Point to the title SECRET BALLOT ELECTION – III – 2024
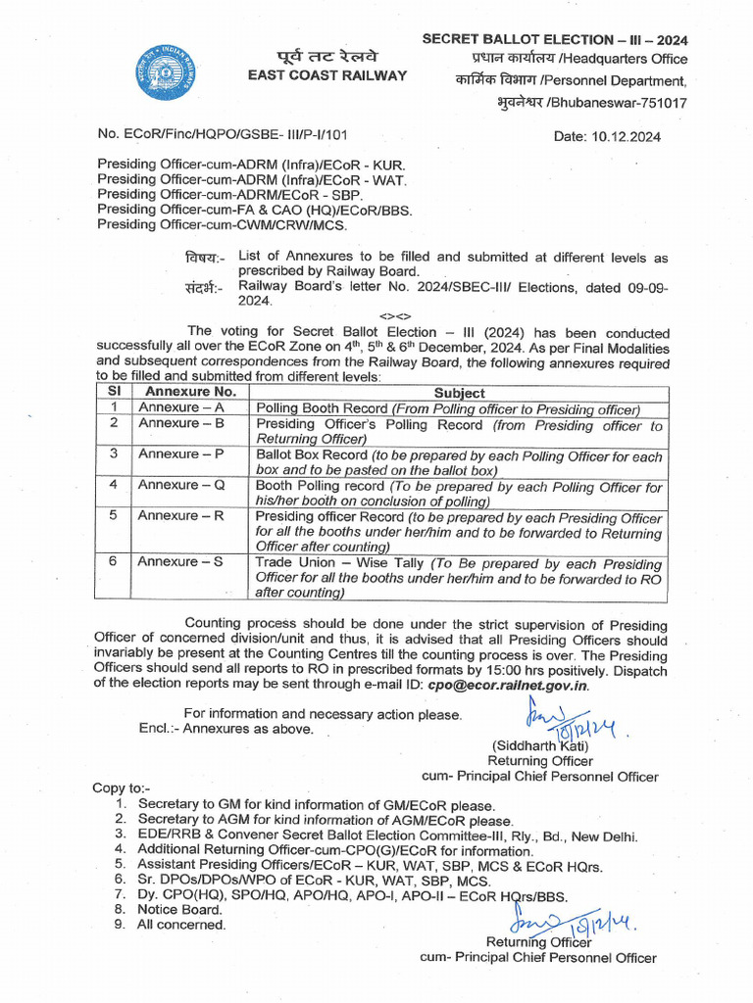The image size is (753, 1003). point(555,39)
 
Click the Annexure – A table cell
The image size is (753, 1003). point(181,407)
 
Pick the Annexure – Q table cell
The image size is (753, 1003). point(181,485)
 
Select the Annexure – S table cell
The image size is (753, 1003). point(181,562)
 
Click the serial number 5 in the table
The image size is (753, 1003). point(114,516)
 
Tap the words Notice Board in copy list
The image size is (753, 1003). point(174,909)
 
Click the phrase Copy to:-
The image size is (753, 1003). point(122,788)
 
